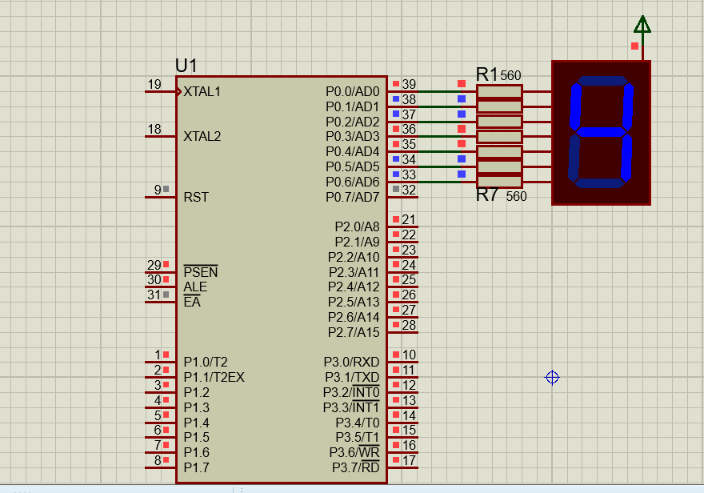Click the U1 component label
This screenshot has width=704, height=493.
tap(186, 66)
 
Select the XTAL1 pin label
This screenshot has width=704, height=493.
tap(202, 91)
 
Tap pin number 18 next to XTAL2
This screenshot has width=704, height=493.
tap(154, 129)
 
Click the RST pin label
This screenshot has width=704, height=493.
tap(196, 197)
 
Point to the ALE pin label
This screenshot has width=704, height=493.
tap(194, 287)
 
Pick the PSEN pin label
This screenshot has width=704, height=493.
tap(200, 272)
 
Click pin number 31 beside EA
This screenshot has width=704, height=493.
tap(154, 295)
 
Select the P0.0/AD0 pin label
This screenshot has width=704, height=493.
tap(353, 91)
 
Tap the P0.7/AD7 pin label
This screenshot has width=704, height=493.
tap(353, 197)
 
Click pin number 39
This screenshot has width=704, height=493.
tap(409, 84)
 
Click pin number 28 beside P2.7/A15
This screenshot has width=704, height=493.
tap(409, 325)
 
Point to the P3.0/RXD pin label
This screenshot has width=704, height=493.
tap(351, 362)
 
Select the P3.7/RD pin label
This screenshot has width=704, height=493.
tap(351, 467)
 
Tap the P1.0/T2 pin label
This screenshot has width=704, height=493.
tap(206, 362)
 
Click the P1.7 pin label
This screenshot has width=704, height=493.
tap(196, 467)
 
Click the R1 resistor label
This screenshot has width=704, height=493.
tap(486, 74)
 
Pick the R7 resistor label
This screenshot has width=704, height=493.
tap(487, 195)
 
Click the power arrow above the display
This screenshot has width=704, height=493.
tap(642, 26)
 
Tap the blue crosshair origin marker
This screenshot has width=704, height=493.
tap(552, 377)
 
